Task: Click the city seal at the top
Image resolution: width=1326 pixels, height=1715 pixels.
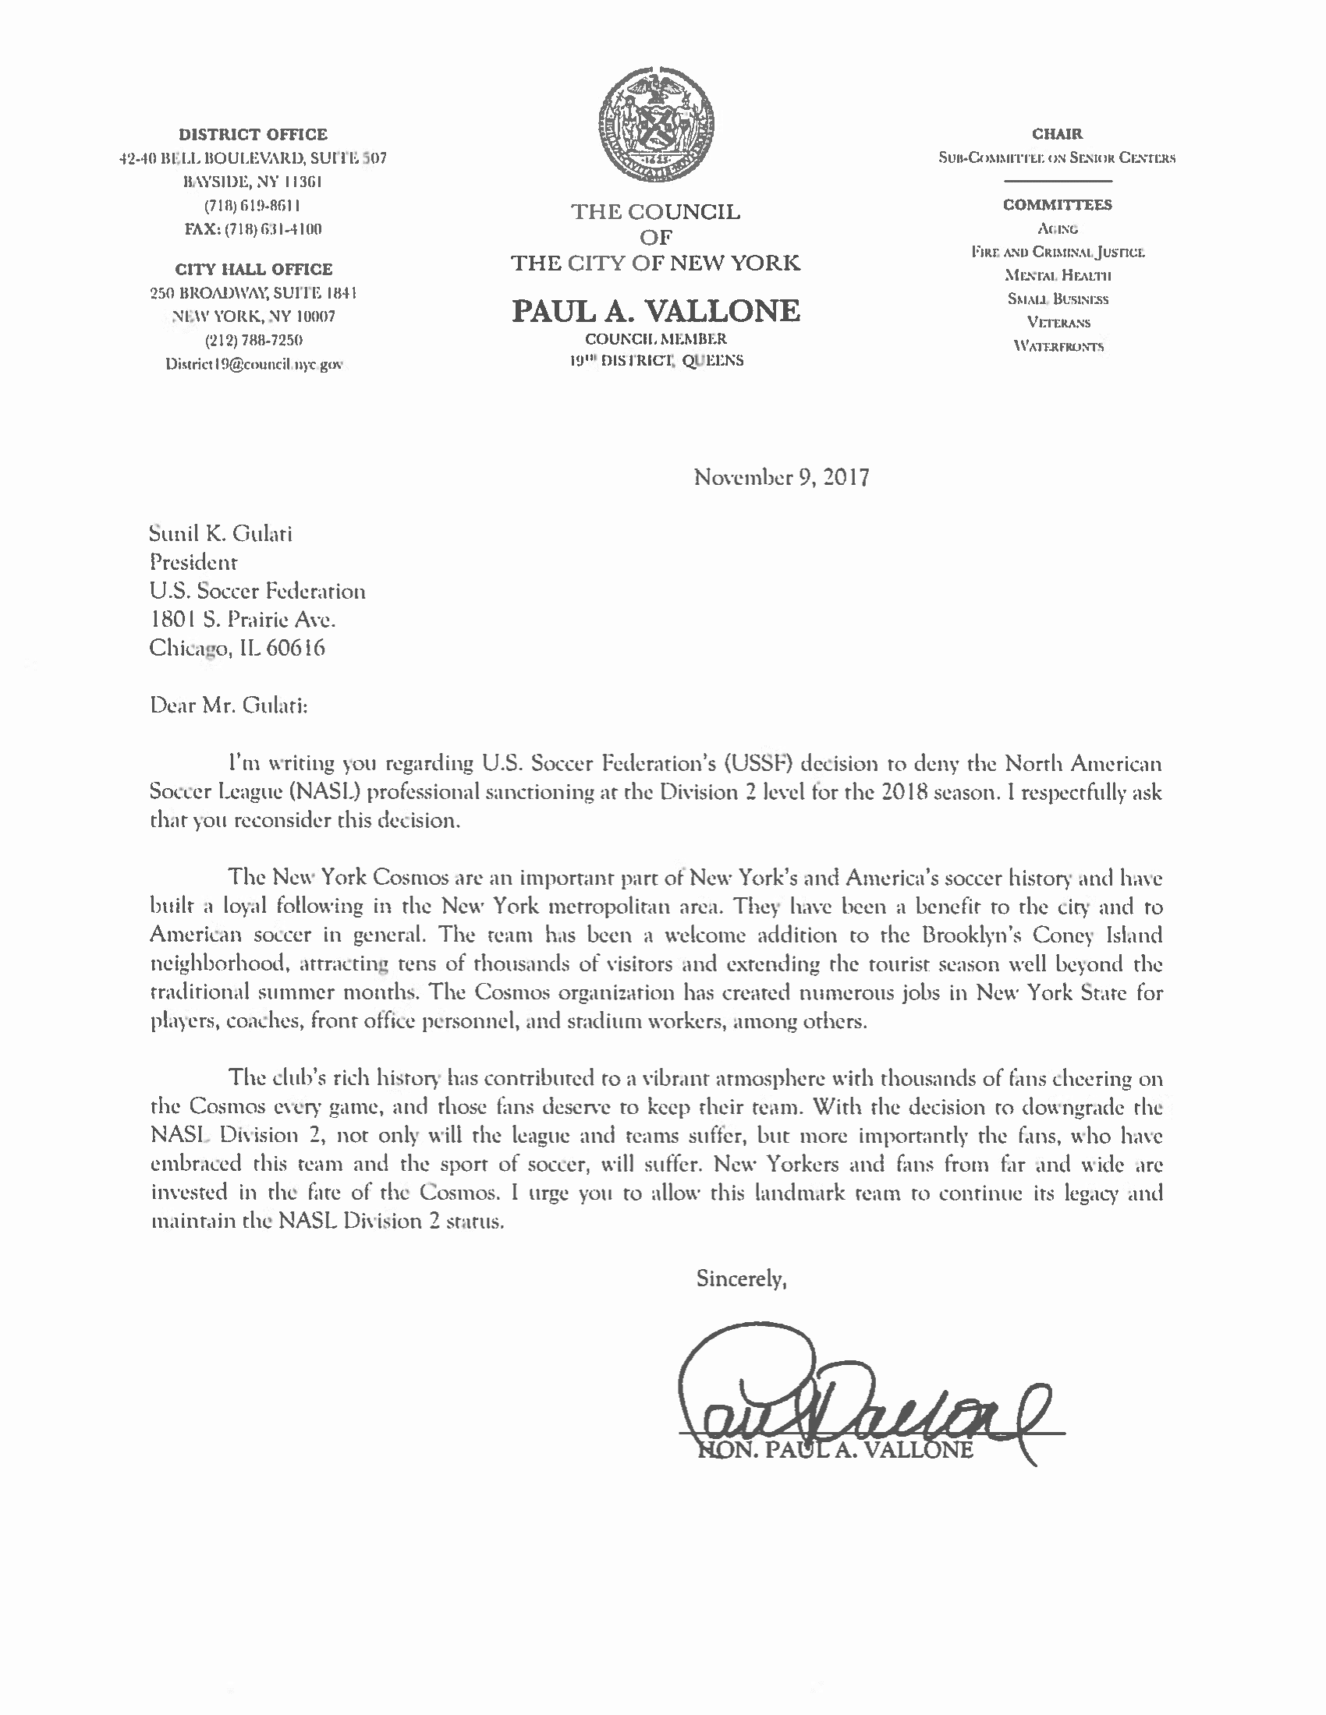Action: (656, 127)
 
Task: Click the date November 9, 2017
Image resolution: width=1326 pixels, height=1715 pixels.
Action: (781, 477)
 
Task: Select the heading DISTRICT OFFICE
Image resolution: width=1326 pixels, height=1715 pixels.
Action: (253, 134)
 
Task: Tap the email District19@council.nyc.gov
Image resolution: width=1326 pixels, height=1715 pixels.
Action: (253, 364)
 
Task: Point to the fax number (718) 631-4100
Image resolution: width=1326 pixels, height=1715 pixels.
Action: (253, 229)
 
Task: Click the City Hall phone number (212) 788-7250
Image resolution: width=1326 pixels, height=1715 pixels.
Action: (253, 340)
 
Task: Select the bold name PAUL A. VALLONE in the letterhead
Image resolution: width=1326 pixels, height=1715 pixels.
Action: (656, 311)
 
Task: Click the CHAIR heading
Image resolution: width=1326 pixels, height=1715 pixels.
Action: (1058, 134)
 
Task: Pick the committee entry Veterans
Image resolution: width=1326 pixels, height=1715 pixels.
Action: (1058, 322)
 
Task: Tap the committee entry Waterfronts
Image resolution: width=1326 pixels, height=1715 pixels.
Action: (1058, 345)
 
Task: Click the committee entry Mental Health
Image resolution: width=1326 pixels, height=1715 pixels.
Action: (1058, 275)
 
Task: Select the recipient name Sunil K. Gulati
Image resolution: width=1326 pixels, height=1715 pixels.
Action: (221, 534)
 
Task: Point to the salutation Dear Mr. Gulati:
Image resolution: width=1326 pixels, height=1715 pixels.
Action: (229, 705)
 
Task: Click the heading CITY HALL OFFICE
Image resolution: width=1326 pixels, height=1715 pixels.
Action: (253, 270)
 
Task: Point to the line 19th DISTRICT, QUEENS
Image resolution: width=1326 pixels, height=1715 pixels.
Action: (657, 361)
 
